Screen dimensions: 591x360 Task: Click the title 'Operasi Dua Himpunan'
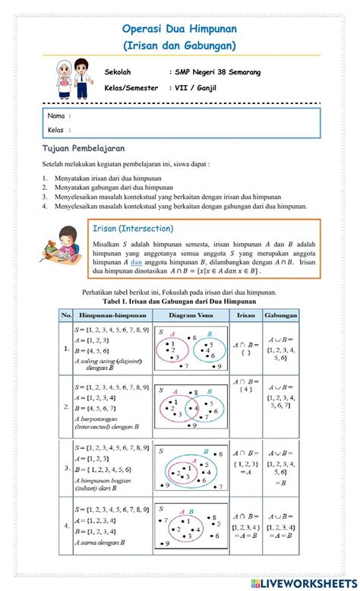click(179, 28)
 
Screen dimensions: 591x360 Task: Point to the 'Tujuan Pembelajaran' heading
click(84, 148)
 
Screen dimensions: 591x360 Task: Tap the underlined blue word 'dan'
click(136, 262)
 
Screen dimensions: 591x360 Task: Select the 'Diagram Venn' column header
click(191, 313)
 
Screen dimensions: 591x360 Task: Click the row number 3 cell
click(65, 469)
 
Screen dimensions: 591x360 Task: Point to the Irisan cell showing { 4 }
click(245, 390)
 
